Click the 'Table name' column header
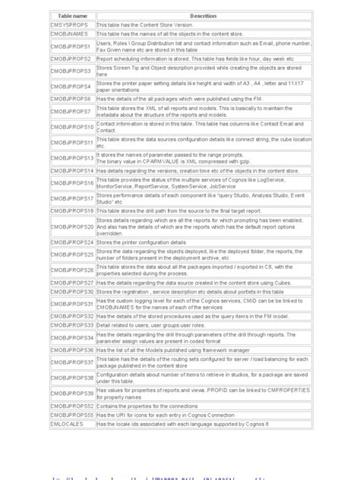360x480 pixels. [73, 16]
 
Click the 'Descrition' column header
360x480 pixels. [203, 16]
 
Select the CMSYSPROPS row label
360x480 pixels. [69, 25]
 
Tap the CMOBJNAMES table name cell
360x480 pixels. [69, 34]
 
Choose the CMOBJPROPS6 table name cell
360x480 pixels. [71, 99]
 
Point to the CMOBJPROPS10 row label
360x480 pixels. [72, 127]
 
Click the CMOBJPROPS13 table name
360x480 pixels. [72, 158]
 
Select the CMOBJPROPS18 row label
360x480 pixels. [72, 210]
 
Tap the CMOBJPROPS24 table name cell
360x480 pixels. [72, 242]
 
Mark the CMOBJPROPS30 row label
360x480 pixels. [72, 291]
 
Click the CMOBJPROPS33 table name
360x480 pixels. [72, 324]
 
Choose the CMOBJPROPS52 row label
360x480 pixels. [72, 406]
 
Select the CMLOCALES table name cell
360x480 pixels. [68, 424]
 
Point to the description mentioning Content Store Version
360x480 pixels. [140, 25]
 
